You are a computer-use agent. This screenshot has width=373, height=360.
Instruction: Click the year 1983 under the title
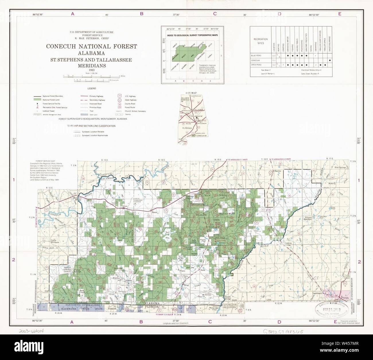[92, 70]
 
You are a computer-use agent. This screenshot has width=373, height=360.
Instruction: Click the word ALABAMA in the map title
[92, 53]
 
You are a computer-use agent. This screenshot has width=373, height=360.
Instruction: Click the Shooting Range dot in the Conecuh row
[330, 61]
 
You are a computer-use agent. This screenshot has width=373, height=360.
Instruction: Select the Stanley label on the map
[277, 171]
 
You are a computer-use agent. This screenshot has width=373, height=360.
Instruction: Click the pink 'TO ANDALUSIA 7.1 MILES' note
[238, 159]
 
